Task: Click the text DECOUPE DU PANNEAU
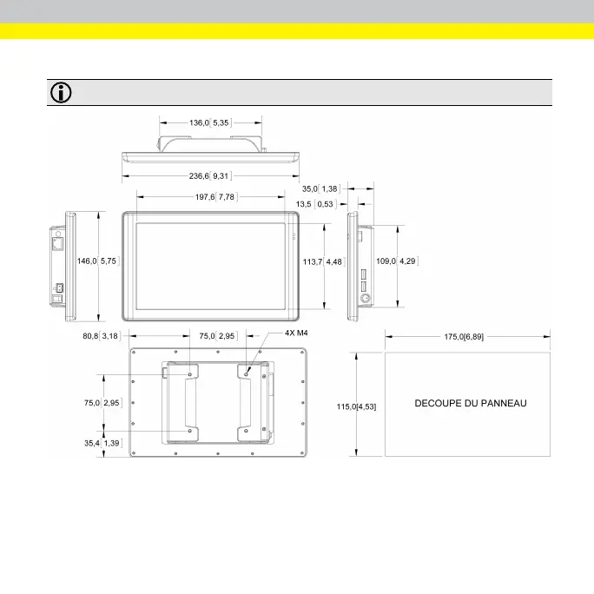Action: click(470, 403)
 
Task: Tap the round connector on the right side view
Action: click(366, 298)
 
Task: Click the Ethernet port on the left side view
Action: click(58, 244)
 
